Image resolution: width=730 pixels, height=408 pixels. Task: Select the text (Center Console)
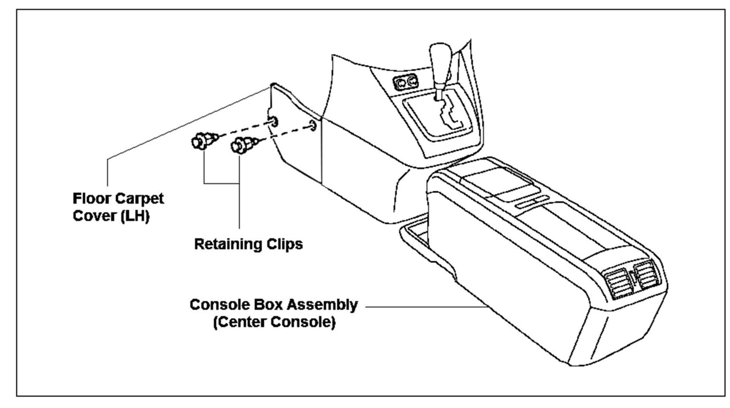point(274,322)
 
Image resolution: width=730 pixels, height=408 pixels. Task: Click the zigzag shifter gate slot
point(450,113)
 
